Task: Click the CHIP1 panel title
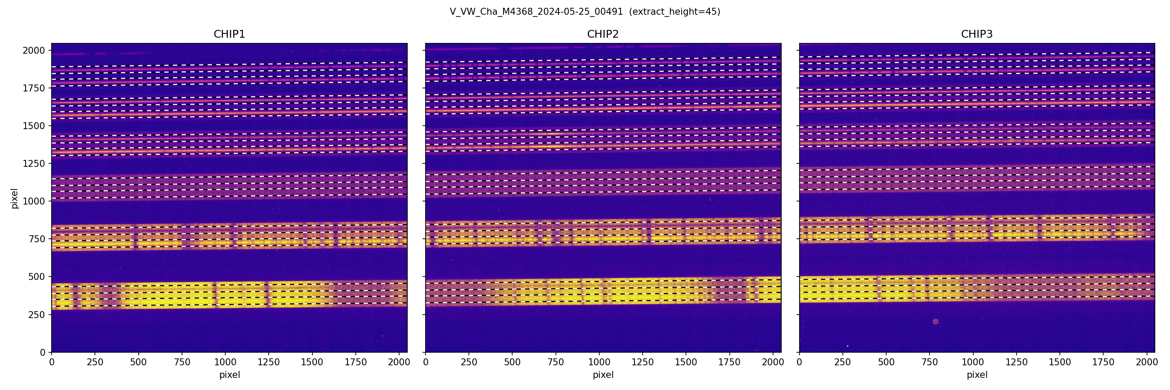click(x=229, y=34)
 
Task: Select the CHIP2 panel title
click(x=603, y=34)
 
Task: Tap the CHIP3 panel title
click(x=976, y=34)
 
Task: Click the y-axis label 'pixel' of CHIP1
click(x=15, y=198)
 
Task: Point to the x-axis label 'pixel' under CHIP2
click(x=603, y=375)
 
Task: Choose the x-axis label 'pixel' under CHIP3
click(x=976, y=375)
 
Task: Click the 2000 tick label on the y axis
click(x=34, y=50)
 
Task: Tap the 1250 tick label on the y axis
click(x=34, y=163)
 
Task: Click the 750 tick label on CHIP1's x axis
click(x=182, y=362)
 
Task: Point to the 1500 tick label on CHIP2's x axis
click(x=686, y=362)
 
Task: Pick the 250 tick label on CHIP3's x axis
click(x=842, y=362)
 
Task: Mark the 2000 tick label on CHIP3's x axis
click(x=1147, y=362)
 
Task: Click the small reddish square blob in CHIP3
click(x=935, y=322)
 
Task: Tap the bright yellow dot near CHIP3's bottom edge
click(x=847, y=346)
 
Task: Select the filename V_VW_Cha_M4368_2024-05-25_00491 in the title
click(x=536, y=12)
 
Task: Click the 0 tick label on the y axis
click(x=43, y=352)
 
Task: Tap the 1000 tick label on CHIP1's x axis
click(x=225, y=362)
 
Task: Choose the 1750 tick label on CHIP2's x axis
click(x=729, y=362)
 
